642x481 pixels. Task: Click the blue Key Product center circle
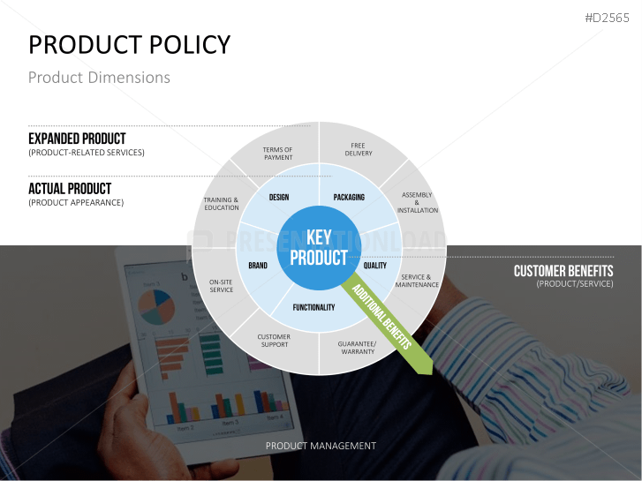[319, 248]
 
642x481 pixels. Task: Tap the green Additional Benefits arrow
[387, 327]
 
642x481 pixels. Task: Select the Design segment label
[279, 198]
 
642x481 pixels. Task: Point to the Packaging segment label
[349, 198]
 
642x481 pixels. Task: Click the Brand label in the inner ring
[258, 266]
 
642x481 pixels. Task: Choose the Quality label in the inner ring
[375, 266]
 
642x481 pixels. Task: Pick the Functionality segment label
[313, 307]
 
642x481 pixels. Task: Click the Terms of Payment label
[278, 154]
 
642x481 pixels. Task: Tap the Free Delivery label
[359, 149]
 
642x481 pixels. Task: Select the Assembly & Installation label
[417, 202]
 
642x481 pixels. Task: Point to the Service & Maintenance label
[417, 281]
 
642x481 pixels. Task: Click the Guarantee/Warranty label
[358, 348]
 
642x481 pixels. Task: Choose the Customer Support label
[274, 341]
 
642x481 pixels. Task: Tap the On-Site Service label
[221, 286]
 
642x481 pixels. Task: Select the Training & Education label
[221, 204]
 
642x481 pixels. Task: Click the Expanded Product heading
[77, 139]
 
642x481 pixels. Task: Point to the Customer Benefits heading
[563, 271]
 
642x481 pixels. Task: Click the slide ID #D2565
[607, 18]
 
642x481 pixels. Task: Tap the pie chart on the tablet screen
[156, 306]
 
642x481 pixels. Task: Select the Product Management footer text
[321, 446]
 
